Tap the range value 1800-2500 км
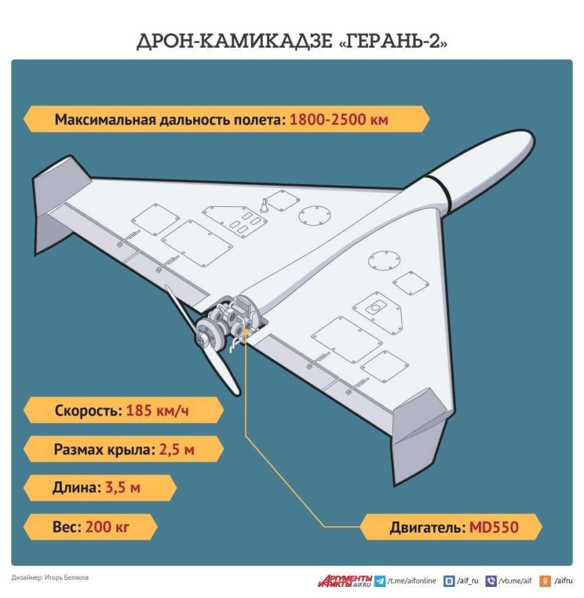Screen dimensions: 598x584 coord(339,119)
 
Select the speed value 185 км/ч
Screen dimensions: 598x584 coord(157,410)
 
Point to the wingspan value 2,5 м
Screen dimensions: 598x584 coord(176,449)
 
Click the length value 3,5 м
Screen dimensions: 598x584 coord(122,488)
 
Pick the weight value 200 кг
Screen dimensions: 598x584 coord(108,526)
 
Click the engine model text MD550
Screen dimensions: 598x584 coord(494,527)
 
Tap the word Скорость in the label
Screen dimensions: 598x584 coord(88,410)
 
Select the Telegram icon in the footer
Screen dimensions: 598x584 coord(380,581)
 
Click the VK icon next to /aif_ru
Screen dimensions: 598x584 coord(450,581)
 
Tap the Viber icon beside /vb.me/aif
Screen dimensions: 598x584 coord(492,581)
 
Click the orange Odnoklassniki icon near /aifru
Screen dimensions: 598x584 coord(546,581)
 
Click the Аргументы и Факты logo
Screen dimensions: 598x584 coord(346,580)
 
